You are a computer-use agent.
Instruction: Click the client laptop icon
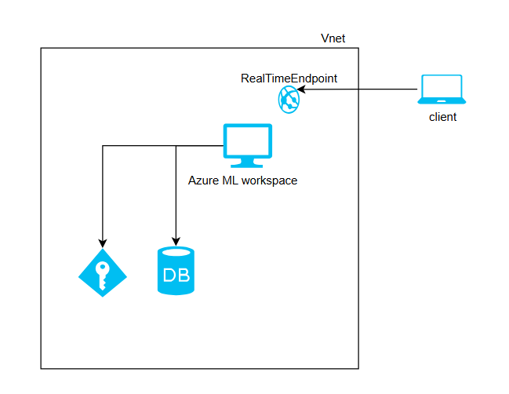click(x=442, y=89)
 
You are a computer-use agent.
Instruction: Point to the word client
click(x=442, y=117)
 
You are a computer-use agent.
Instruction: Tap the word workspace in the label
click(x=269, y=180)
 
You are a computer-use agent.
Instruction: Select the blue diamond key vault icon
click(x=102, y=272)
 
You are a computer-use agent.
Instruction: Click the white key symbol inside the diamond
click(x=102, y=272)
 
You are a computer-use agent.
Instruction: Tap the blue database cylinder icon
click(x=176, y=271)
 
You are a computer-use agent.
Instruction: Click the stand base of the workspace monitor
click(x=247, y=165)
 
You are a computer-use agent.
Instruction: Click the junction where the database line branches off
click(x=176, y=146)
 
